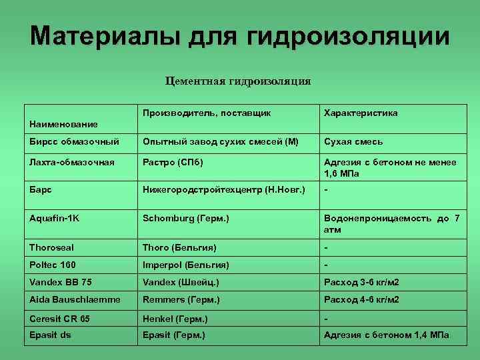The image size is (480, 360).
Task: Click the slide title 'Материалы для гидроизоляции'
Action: [240, 36]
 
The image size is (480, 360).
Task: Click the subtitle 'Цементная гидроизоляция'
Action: [238, 81]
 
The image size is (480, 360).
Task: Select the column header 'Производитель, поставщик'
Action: [207, 113]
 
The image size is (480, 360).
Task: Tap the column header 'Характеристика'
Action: [361, 113]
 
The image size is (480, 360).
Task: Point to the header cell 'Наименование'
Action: [63, 124]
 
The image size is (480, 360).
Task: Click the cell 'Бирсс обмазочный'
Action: [74, 142]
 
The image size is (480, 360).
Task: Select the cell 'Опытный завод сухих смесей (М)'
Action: [221, 142]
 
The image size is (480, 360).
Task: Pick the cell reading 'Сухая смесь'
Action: [353, 142]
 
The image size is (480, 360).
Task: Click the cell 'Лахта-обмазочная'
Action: [72, 162]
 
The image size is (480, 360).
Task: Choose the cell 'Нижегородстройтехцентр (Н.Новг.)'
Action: [224, 190]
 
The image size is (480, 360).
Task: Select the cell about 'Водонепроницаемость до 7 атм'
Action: [391, 223]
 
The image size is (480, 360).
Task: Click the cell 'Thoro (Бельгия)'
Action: [179, 247]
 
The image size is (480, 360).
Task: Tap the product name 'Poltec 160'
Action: [53, 265]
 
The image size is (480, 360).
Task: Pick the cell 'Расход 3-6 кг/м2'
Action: [361, 282]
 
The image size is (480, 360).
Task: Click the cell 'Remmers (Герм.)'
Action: [181, 299]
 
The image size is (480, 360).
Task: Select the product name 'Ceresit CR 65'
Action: [59, 319]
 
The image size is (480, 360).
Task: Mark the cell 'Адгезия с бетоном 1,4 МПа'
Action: [387, 335]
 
